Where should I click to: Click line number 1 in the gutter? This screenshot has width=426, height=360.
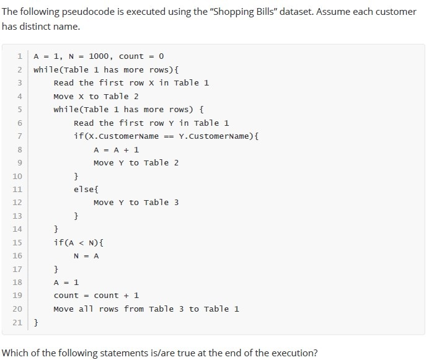tap(20, 56)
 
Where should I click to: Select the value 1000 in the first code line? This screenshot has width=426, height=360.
tap(99, 56)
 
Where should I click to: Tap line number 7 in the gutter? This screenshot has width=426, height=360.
tap(20, 136)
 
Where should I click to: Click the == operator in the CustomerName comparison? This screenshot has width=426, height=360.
tap(169, 136)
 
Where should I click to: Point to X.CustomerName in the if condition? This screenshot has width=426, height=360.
tap(123, 136)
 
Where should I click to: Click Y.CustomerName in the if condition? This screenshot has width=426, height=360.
tap(214, 136)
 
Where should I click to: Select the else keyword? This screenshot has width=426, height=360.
tap(84, 189)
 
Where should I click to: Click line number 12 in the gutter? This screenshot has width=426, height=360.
tap(17, 203)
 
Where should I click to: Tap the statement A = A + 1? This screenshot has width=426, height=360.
tap(117, 150)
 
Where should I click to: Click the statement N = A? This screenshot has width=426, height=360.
tap(86, 256)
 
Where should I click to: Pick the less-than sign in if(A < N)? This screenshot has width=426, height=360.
tap(81, 243)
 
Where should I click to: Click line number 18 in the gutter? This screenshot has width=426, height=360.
tap(17, 283)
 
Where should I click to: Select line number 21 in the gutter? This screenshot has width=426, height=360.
tap(17, 323)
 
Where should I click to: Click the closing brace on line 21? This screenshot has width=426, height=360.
tap(36, 323)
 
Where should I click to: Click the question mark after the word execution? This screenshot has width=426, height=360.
tap(315, 353)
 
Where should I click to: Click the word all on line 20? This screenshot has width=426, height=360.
tap(86, 309)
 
